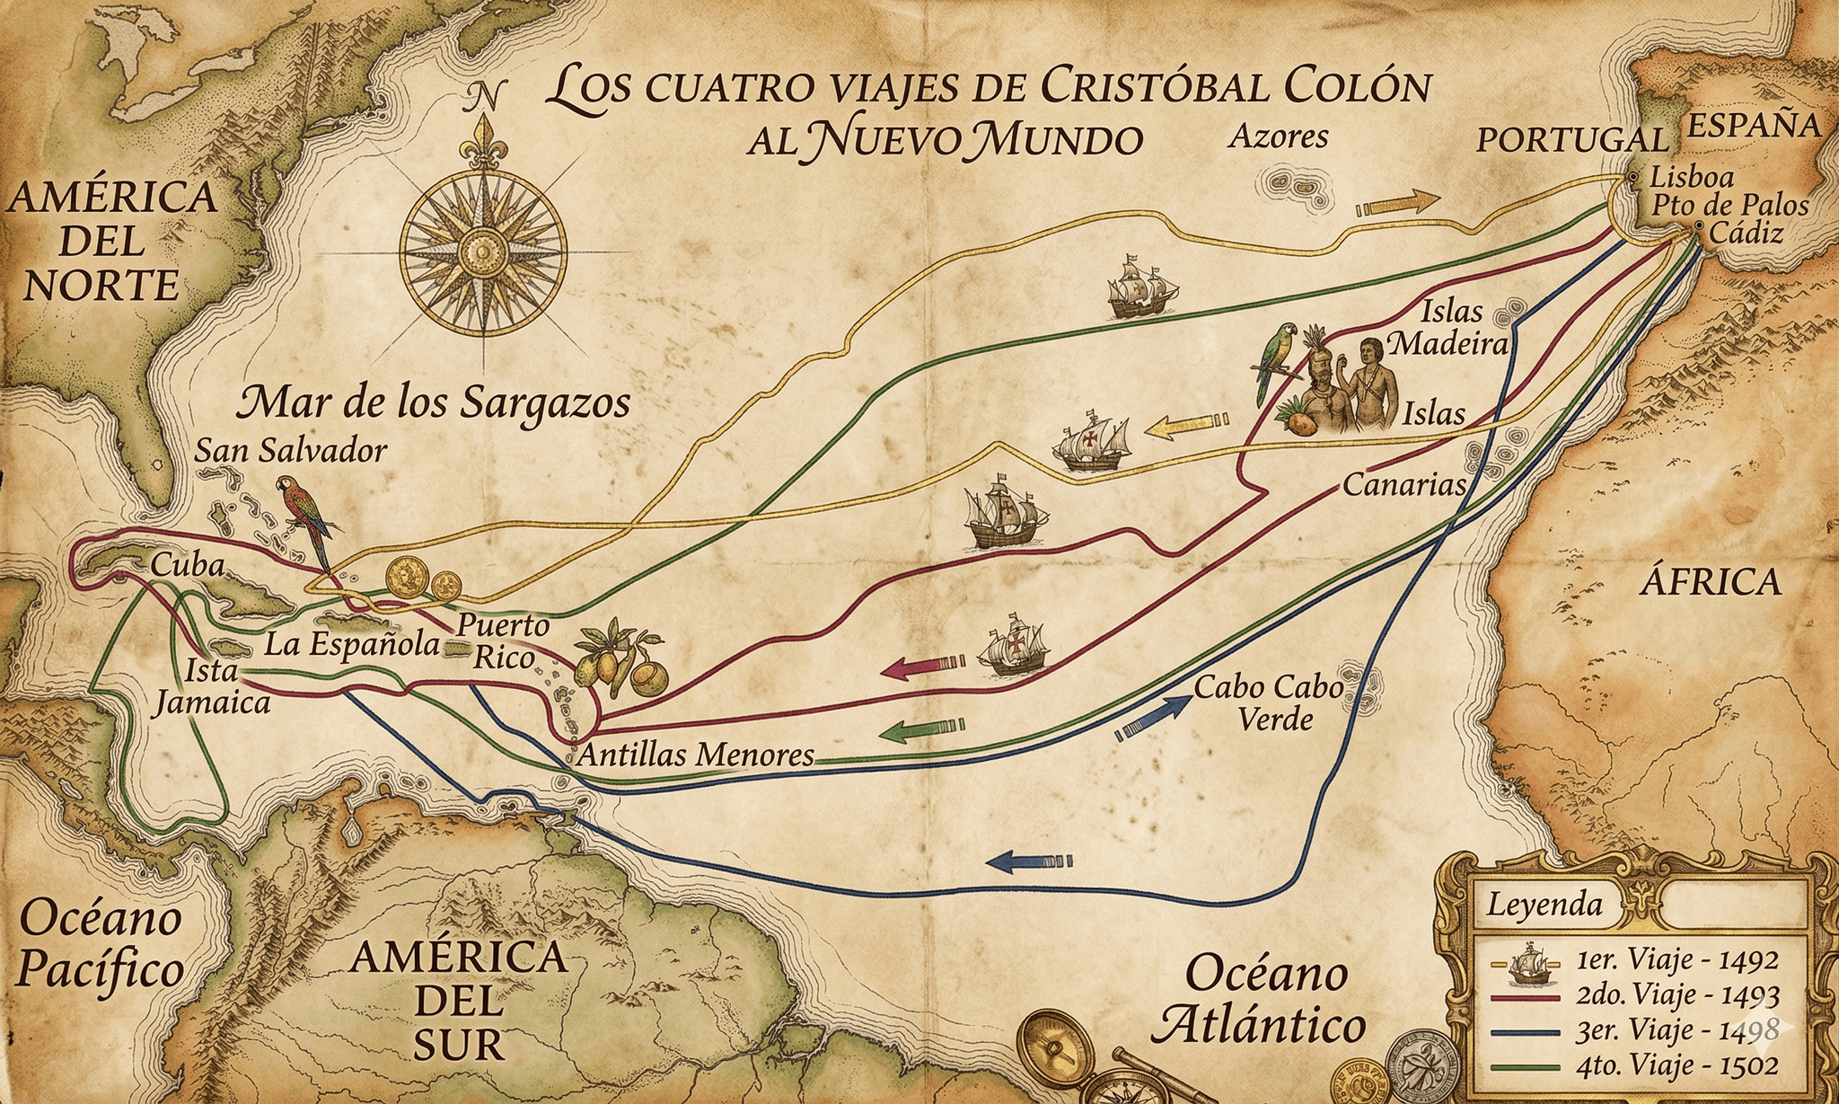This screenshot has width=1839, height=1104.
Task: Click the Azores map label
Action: (1278, 137)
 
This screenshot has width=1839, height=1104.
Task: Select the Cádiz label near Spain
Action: (1745, 234)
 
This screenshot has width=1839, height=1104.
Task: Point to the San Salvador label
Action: (290, 450)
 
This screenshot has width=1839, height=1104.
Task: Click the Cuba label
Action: (187, 564)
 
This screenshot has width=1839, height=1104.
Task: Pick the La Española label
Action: (352, 644)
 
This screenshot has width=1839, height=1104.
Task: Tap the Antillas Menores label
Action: (695, 755)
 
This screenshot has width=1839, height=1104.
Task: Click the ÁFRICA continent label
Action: (1710, 582)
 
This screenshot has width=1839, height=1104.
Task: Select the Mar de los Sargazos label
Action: (434, 403)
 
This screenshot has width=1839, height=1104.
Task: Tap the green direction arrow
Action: (921, 729)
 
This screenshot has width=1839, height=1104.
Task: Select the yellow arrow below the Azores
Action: (1397, 203)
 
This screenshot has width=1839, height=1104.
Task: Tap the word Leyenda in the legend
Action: (1544, 904)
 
